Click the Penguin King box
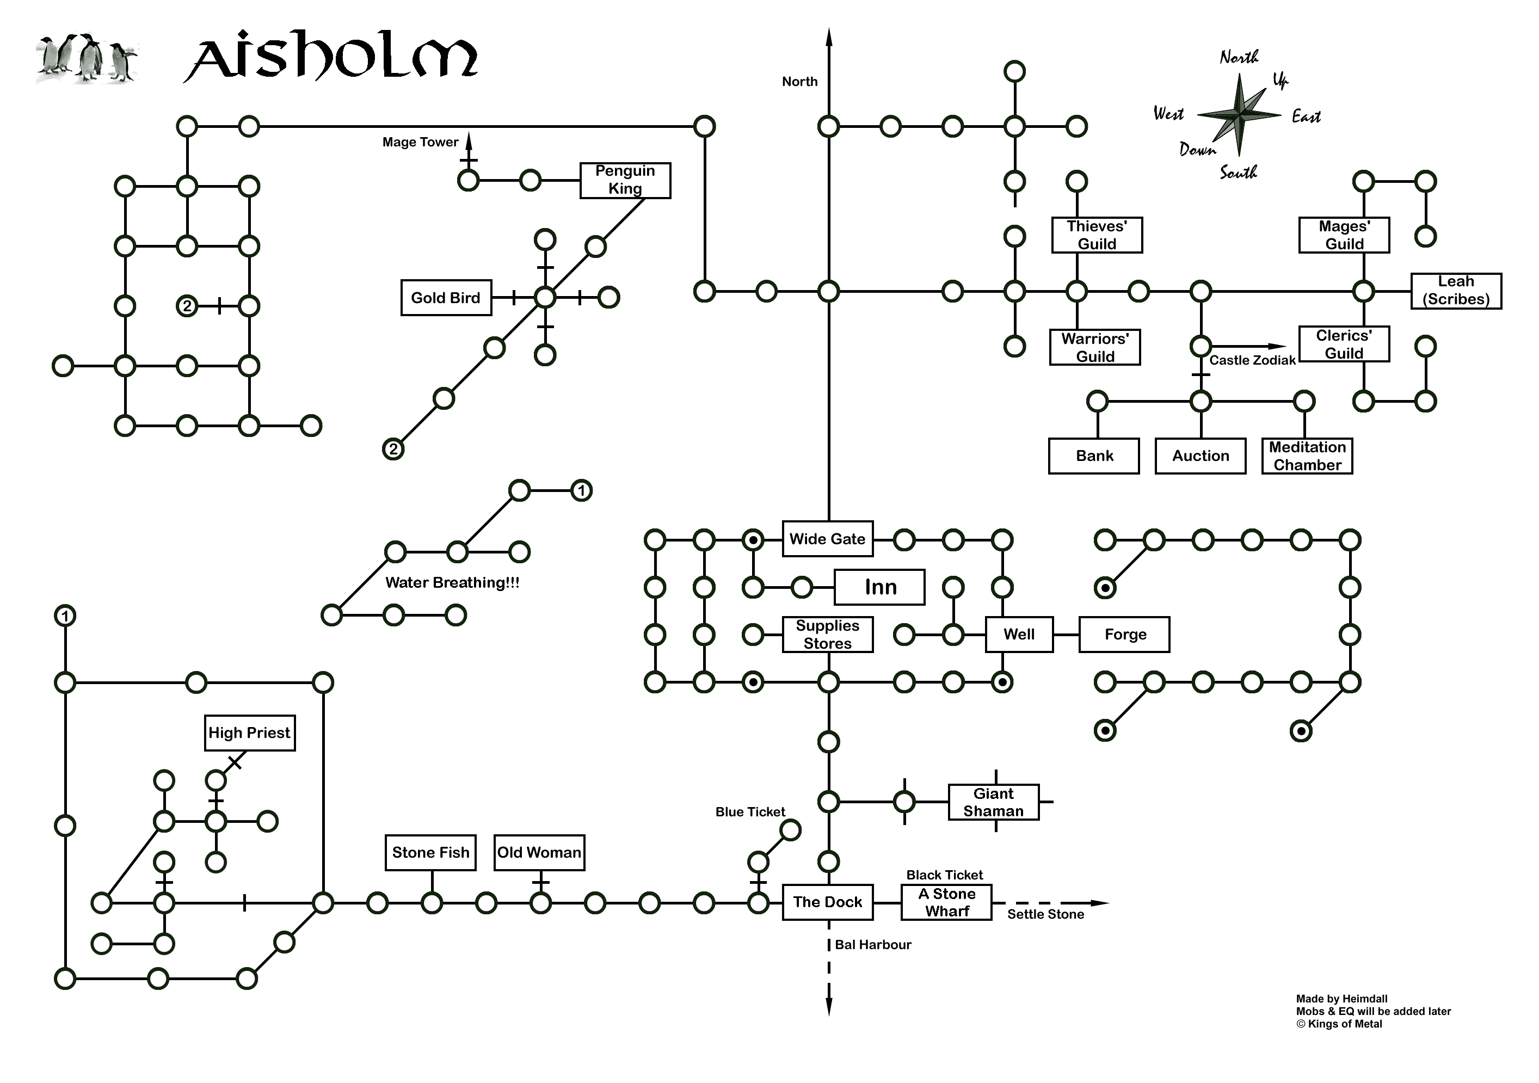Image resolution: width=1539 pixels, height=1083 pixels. pyautogui.click(x=625, y=180)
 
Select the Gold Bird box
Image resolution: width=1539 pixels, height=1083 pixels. pyautogui.click(x=446, y=298)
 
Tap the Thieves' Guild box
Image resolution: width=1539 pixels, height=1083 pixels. pyautogui.click(x=1097, y=235)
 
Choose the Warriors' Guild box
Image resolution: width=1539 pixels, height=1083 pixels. pyautogui.click(x=1094, y=347)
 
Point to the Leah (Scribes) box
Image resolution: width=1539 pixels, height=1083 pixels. pyautogui.click(x=1456, y=291)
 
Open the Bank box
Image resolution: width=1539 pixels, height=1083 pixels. pyautogui.click(x=1094, y=456)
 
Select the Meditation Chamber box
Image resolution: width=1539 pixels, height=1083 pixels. pyautogui.click(x=1307, y=456)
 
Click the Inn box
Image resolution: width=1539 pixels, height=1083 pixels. pyautogui.click(x=879, y=587)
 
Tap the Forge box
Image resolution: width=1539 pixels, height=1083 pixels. pyautogui.click(x=1124, y=634)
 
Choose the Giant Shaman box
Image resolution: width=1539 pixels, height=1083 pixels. pyautogui.click(x=993, y=802)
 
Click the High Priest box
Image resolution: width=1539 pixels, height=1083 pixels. pyautogui.click(x=249, y=733)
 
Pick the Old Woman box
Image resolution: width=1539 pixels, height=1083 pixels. pyautogui.click(x=539, y=852)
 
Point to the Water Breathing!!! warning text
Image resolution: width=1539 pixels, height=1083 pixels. pyautogui.click(x=452, y=582)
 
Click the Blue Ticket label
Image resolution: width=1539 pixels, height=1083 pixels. pyautogui.click(x=750, y=811)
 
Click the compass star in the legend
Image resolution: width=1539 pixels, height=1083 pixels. pyautogui.click(x=1239, y=115)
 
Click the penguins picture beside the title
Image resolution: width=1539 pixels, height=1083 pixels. pyautogui.click(x=87, y=59)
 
